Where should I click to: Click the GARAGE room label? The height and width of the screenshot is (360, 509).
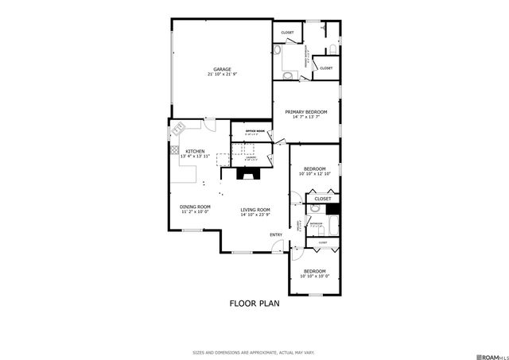[x=223, y=68]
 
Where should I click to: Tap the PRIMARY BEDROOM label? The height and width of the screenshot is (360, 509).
[x=306, y=112]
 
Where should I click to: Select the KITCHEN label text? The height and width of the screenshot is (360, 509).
[x=195, y=151]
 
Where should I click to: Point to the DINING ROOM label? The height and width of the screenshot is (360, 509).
[x=195, y=207]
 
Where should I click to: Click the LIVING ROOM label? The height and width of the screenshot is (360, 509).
[x=256, y=210]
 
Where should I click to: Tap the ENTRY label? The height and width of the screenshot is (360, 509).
[x=276, y=234]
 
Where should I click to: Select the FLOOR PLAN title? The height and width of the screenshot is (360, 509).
[x=254, y=303]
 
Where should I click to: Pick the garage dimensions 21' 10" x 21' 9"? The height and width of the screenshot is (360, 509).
[x=223, y=74]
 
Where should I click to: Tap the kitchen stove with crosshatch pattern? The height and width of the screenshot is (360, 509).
[x=174, y=149]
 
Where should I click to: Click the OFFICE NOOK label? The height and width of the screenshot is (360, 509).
[x=254, y=130]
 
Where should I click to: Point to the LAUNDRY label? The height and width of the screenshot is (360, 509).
[x=251, y=157]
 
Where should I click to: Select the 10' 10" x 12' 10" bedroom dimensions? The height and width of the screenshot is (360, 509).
[x=314, y=173]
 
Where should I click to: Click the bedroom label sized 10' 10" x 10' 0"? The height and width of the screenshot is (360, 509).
[x=314, y=272]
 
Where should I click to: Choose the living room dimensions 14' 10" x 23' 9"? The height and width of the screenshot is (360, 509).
[x=256, y=215]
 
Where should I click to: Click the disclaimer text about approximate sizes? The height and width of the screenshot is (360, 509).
[x=254, y=351]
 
